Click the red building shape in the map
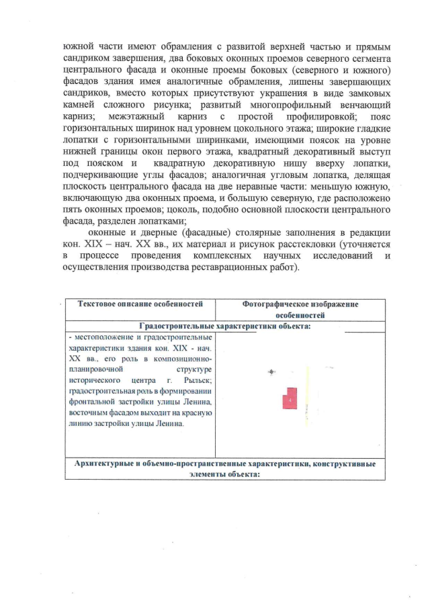pos(290,398)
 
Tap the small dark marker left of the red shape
pos(271,371)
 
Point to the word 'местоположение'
pos(105,337)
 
